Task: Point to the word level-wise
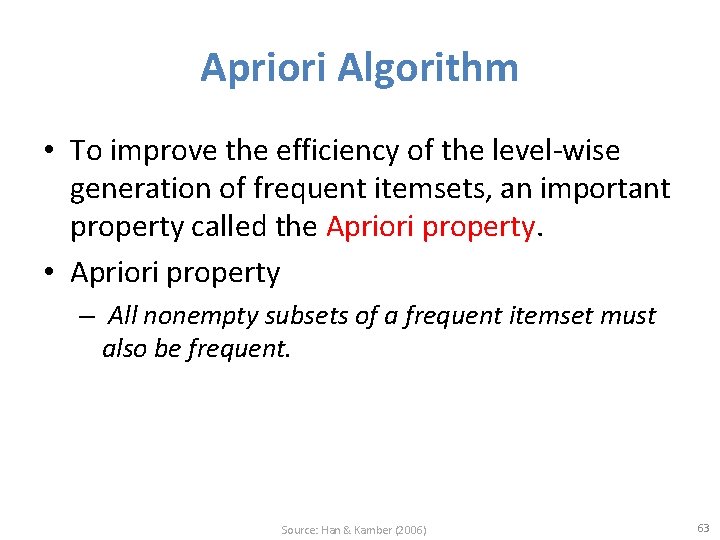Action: click(x=557, y=151)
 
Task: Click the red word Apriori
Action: click(x=370, y=227)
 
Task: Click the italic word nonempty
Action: click(x=186, y=316)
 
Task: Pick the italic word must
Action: click(x=629, y=316)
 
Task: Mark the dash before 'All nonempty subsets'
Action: click(x=87, y=317)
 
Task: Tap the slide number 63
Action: click(x=702, y=528)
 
